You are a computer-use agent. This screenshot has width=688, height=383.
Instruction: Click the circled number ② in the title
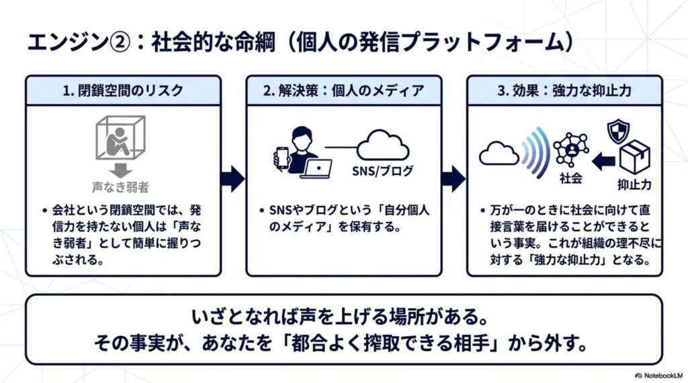click(120, 42)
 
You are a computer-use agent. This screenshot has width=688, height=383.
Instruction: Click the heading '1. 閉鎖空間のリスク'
click(123, 91)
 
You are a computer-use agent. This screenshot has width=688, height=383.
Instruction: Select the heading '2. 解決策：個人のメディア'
click(343, 91)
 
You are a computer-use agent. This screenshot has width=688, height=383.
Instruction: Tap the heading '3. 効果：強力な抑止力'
click(564, 91)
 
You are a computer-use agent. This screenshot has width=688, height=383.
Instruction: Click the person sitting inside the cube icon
click(118, 141)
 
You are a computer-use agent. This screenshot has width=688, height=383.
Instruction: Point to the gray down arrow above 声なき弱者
click(120, 170)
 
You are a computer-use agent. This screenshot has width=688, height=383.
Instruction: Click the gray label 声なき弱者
click(120, 188)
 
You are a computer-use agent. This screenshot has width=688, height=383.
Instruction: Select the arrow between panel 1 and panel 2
click(232, 179)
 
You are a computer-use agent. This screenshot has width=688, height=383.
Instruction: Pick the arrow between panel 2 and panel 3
click(454, 179)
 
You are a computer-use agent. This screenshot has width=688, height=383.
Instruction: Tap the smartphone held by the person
click(282, 158)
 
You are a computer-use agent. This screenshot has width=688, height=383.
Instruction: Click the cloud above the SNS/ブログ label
click(382, 146)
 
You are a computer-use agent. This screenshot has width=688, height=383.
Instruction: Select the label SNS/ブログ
click(382, 170)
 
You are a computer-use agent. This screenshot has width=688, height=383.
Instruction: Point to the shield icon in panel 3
click(618, 131)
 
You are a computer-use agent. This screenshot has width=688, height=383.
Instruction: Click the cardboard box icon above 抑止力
click(634, 158)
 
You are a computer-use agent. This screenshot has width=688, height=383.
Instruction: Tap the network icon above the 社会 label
click(571, 150)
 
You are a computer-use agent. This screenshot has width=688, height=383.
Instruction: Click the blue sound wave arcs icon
click(536, 152)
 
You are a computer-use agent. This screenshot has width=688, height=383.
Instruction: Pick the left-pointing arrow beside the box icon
click(603, 161)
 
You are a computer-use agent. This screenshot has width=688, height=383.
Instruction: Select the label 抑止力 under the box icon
click(634, 184)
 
